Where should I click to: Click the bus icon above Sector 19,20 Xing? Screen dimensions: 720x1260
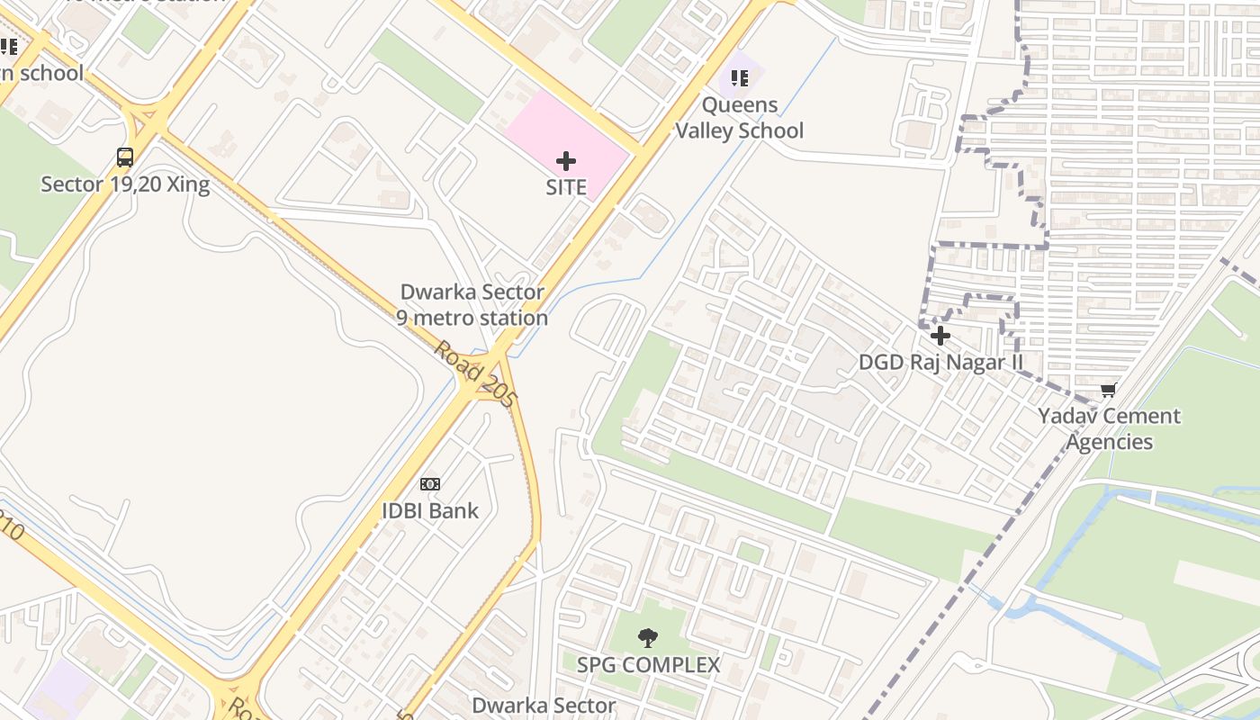point(125,157)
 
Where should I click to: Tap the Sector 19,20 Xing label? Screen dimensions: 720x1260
point(125,185)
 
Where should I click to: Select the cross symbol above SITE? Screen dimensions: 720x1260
point(566,161)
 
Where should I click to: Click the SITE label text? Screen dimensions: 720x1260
point(566,188)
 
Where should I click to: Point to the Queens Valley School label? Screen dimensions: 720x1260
point(739,118)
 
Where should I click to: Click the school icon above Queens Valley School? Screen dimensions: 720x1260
point(740,78)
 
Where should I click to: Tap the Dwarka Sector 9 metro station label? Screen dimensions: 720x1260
point(472,305)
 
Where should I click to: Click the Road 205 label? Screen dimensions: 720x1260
point(475,373)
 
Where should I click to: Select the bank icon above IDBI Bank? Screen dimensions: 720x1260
point(430,484)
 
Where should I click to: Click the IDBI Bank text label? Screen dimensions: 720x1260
point(430,510)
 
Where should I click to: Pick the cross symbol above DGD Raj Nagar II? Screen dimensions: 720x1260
point(940,336)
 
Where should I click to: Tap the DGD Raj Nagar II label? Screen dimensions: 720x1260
point(940,362)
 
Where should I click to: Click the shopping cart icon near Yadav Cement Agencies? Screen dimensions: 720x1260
point(1108,390)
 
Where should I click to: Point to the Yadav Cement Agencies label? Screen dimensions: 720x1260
point(1109,428)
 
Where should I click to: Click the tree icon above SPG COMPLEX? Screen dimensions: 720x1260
point(647,638)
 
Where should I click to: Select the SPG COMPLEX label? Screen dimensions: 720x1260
point(648,665)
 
